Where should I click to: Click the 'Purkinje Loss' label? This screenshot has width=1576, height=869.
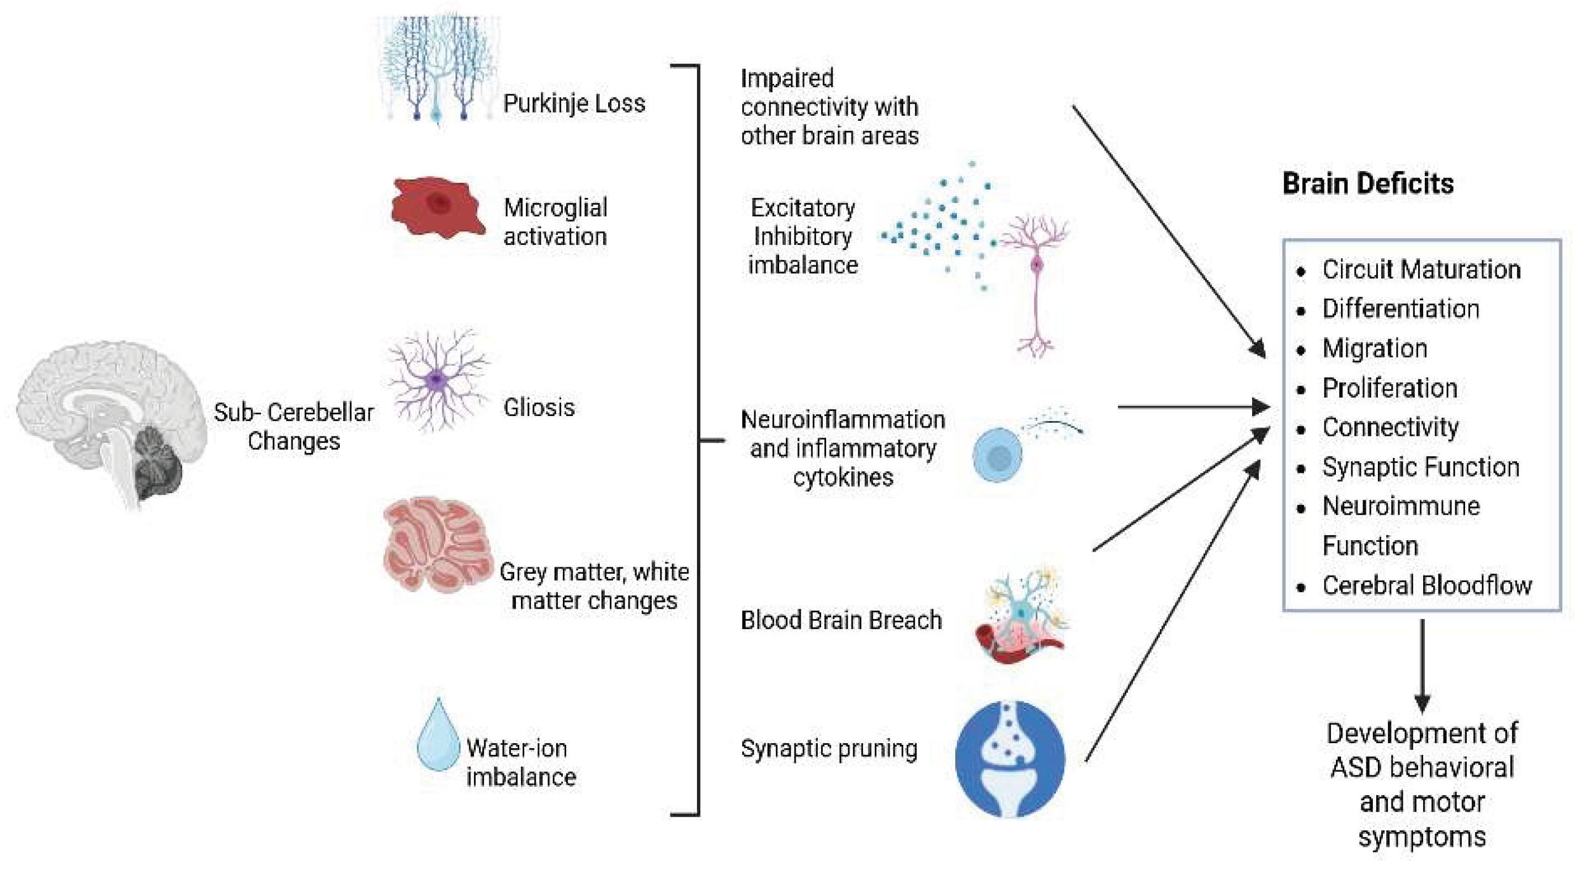(573, 103)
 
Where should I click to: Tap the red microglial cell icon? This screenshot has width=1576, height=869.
(438, 208)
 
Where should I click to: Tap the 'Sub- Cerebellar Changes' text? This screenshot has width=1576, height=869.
(294, 426)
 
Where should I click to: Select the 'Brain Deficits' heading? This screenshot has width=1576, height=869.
(1367, 184)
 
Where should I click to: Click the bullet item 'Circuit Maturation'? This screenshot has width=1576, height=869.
(1420, 270)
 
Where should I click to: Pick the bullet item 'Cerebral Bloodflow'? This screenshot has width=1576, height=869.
(1426, 586)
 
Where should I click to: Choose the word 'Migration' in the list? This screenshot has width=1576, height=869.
(1375, 349)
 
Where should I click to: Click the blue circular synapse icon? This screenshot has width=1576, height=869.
(1009, 758)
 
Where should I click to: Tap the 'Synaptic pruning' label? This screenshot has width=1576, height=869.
(828, 749)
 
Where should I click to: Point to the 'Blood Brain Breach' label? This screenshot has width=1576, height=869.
(840, 620)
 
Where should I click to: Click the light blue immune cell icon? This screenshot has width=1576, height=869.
(997, 455)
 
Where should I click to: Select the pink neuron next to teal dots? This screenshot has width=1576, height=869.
(1036, 281)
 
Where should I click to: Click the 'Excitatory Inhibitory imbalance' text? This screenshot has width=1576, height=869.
(802, 237)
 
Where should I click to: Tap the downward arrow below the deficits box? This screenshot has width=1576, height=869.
(1422, 667)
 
